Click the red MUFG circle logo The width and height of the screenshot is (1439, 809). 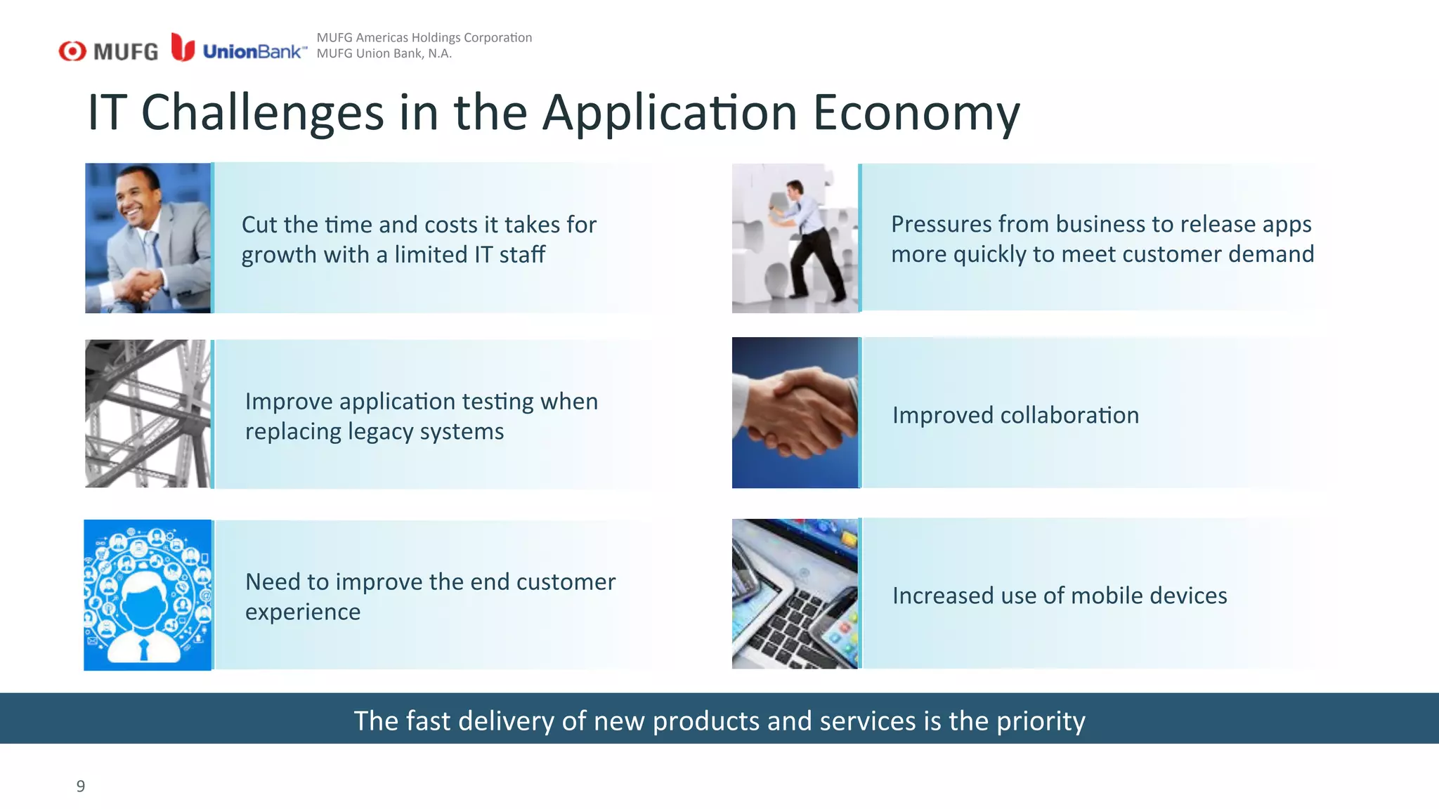[x=72, y=51]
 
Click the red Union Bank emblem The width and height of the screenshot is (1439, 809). [x=183, y=48]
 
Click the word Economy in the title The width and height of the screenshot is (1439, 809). [x=916, y=113]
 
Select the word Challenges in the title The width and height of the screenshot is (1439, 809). [x=262, y=113]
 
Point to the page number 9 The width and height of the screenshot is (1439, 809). [x=81, y=786]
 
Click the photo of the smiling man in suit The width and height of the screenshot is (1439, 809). [x=148, y=238]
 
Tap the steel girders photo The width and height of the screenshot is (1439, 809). [x=148, y=414]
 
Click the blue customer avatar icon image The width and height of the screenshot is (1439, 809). [x=148, y=595]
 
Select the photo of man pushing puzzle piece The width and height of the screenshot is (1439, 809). [x=795, y=238]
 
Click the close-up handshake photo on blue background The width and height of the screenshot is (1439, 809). [x=795, y=413]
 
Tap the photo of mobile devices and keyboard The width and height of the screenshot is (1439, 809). [x=795, y=593]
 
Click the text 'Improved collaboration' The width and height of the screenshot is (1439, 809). [x=1015, y=415]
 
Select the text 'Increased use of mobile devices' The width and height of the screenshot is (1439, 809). [x=1060, y=596]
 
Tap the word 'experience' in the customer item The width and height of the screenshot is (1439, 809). [x=303, y=612]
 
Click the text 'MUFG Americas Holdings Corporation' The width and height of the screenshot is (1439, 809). [x=424, y=37]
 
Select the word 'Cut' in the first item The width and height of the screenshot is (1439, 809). [x=259, y=225]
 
